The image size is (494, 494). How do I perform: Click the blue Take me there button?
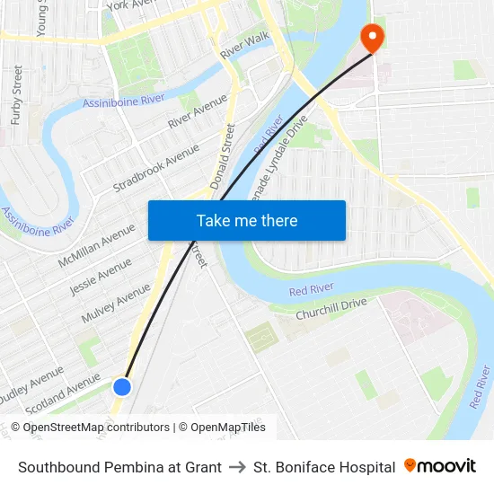pyautogui.click(x=247, y=220)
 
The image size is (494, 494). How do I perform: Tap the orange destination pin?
pyautogui.click(x=371, y=38)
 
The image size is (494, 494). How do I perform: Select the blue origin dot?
pyautogui.click(x=122, y=386)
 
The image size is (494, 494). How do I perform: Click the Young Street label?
pyautogui.click(x=41, y=18)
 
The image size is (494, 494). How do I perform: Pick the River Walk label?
pyautogui.click(x=244, y=45)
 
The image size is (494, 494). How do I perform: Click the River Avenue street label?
pyautogui.click(x=198, y=110)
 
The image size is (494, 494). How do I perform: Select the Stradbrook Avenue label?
pyautogui.click(x=155, y=168)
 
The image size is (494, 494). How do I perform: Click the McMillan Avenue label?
pyautogui.click(x=96, y=245)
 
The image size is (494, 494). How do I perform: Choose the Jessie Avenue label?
pyautogui.click(x=101, y=277)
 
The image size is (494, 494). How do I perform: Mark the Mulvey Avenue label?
pyautogui.click(x=116, y=304)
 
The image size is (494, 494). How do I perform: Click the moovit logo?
pyautogui.click(x=439, y=466)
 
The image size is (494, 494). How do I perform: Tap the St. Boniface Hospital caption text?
pyautogui.click(x=324, y=467)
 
